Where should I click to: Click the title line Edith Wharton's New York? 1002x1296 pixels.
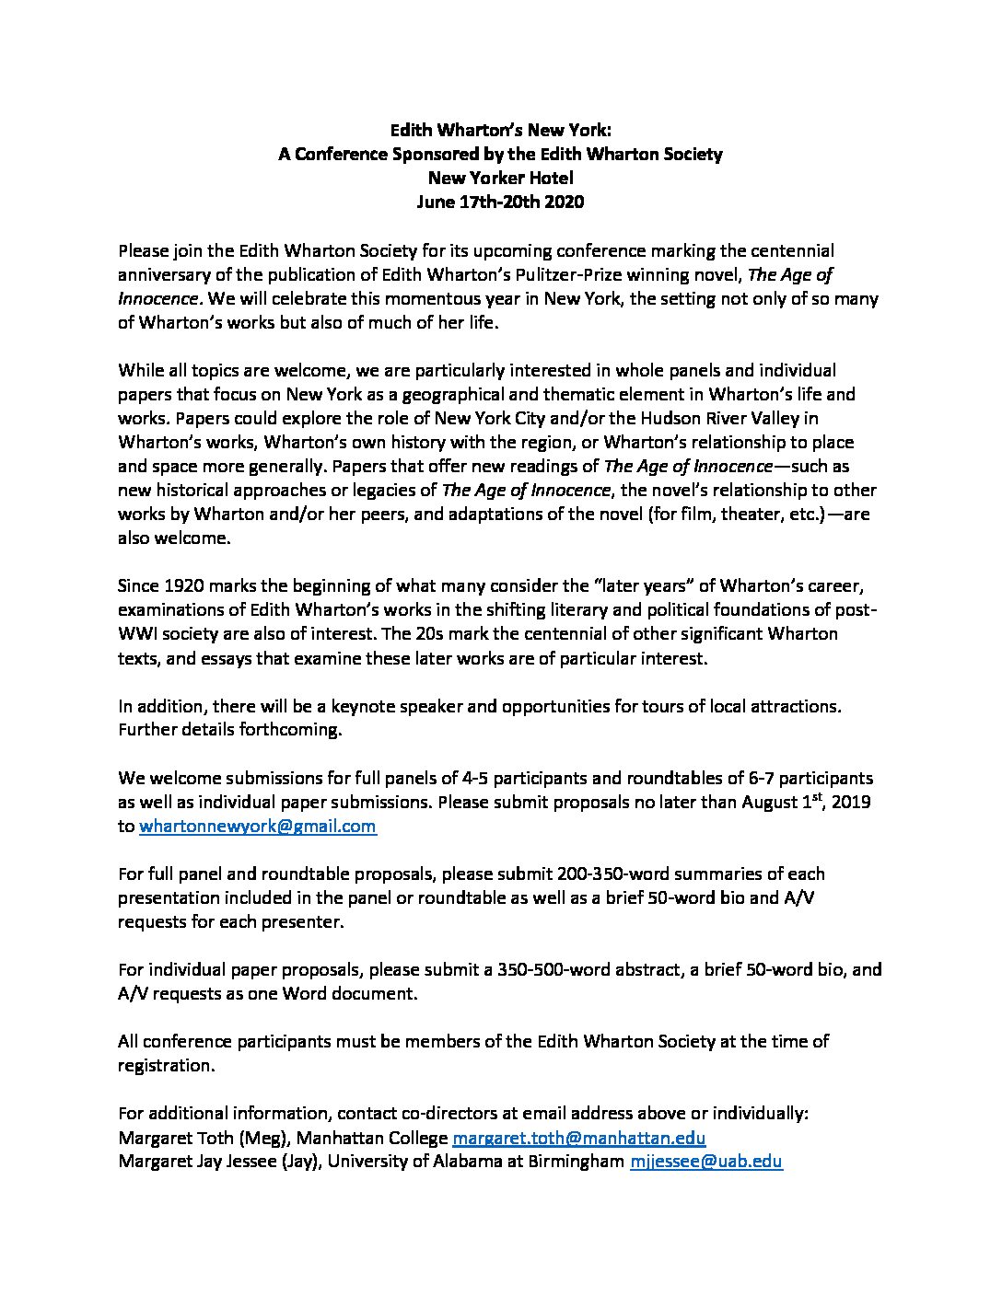(x=500, y=130)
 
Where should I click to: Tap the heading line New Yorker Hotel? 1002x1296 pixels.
(x=500, y=178)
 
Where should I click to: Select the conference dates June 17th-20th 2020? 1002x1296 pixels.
(x=500, y=202)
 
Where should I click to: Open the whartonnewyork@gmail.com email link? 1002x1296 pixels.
(x=257, y=826)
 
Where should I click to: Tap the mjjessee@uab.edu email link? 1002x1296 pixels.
(x=705, y=1161)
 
